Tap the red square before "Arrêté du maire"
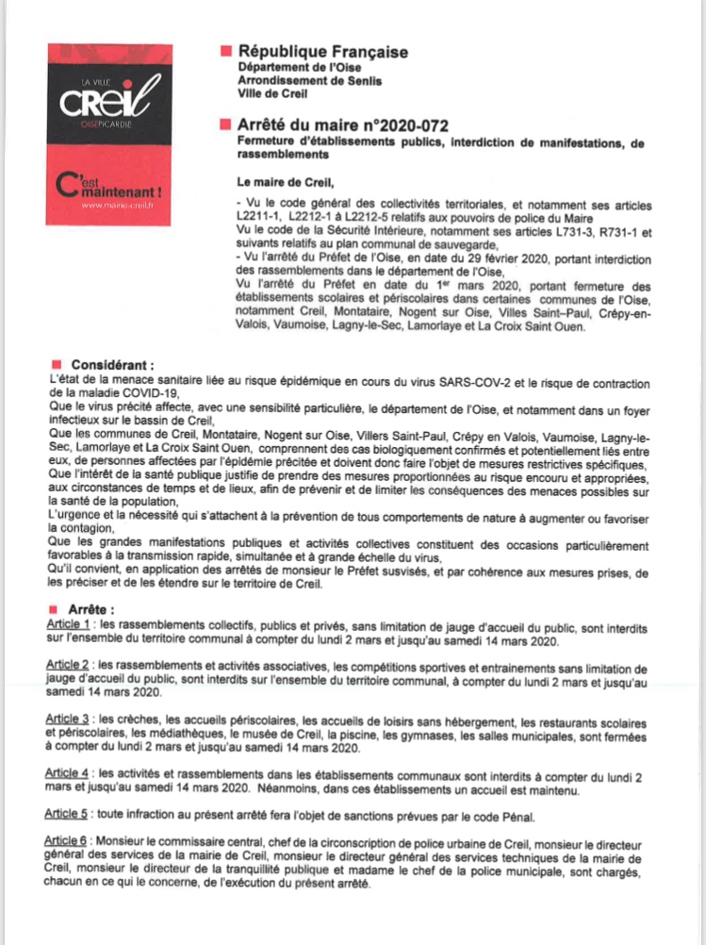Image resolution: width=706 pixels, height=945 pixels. click(x=223, y=124)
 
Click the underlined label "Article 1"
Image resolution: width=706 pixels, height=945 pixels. click(x=69, y=624)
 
